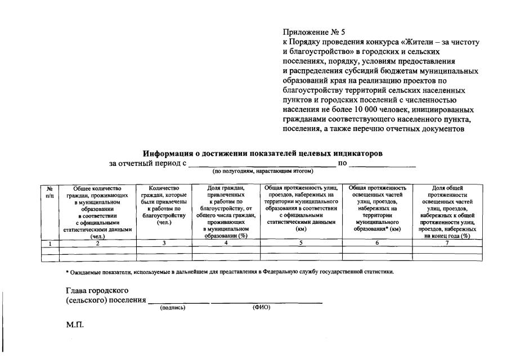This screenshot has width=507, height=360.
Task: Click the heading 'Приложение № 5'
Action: [313, 33]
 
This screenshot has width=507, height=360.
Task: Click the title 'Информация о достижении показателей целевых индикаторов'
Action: [263, 153]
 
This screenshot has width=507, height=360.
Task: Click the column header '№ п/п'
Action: [50, 191]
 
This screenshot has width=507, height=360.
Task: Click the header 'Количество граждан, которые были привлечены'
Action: [164, 205]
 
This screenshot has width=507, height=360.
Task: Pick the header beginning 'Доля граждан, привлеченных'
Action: [226, 212]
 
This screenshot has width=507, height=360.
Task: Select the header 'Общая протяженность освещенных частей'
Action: [377, 209]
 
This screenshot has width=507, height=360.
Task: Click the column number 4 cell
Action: [226, 244]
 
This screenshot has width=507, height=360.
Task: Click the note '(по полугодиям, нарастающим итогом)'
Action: [262, 170]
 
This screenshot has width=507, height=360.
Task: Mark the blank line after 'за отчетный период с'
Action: [261, 164]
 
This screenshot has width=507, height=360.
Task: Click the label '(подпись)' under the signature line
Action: [173, 308]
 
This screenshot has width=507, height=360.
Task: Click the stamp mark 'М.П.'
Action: [75, 325]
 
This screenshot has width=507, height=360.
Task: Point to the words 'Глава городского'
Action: [97, 290]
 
